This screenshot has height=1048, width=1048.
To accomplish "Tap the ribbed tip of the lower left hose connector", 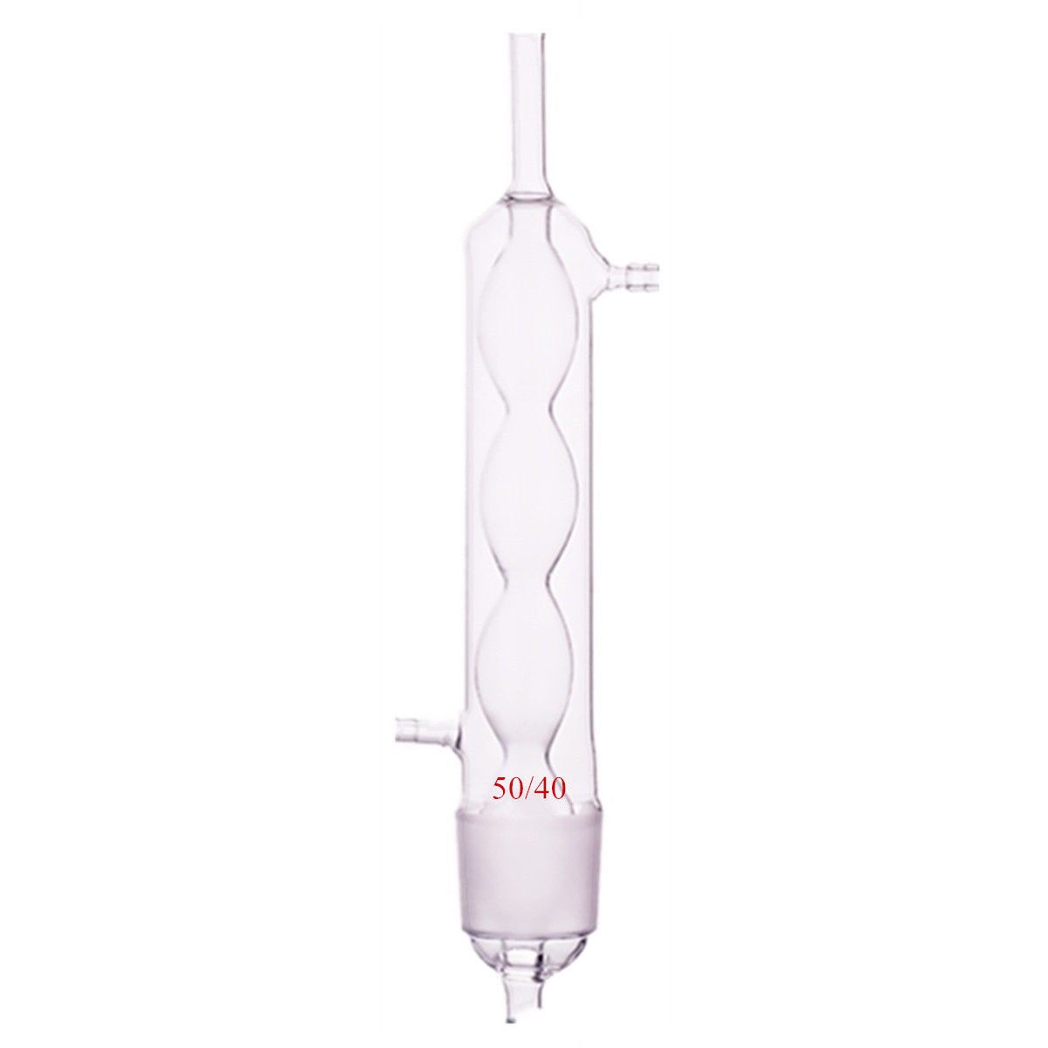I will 403,727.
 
